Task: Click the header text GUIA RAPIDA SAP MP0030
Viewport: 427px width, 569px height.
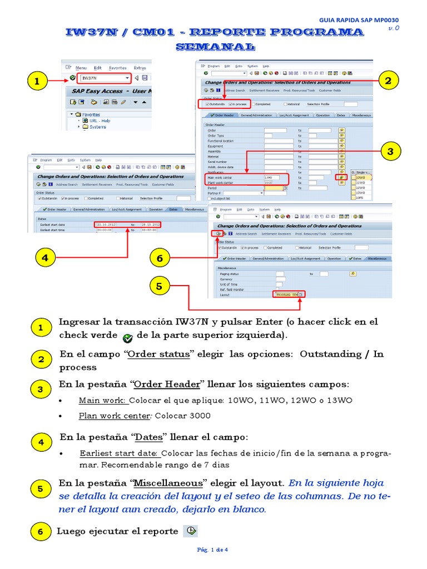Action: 359,20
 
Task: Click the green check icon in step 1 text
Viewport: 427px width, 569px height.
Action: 127,337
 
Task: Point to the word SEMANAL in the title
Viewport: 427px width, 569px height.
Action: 215,47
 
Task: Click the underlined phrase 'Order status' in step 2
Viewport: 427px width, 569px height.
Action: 158,355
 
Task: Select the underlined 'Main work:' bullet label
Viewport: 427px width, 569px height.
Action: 103,400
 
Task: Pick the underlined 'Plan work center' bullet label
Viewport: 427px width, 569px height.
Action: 114,416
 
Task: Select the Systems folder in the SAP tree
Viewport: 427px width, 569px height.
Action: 97,127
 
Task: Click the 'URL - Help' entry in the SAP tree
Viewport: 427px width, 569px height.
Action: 99,121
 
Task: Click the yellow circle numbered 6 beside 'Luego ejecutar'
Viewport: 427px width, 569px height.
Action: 41,532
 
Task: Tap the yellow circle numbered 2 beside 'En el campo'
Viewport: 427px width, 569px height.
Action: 41,360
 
